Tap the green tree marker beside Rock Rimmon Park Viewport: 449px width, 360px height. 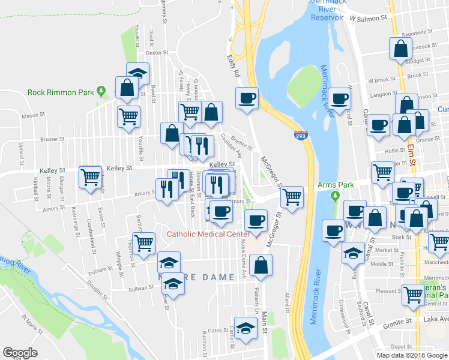pyautogui.click(x=101, y=91)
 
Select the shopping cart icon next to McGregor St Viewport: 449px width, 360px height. pyautogui.click(x=292, y=196)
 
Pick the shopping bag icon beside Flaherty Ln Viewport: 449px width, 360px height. pyautogui.click(x=261, y=265)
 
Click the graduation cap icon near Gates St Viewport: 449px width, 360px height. pyautogui.click(x=245, y=328)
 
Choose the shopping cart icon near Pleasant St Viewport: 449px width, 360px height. pyautogui.click(x=414, y=294)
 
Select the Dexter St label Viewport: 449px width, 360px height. pyautogui.click(x=155, y=53)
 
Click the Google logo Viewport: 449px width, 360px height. pyautogui.click(x=20, y=353)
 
